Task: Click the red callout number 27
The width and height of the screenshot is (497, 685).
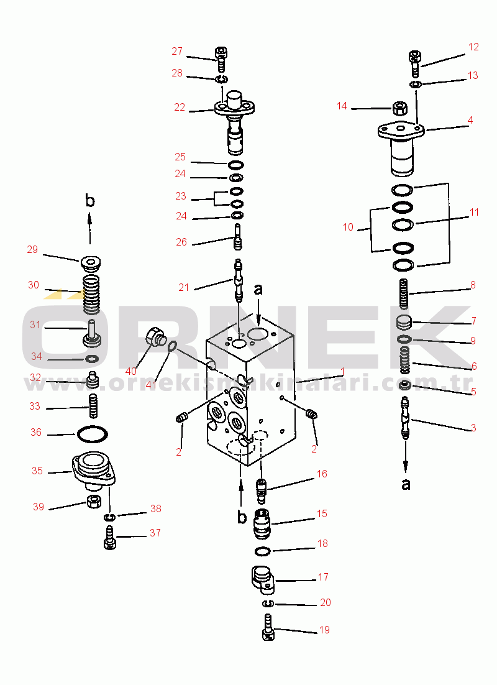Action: pyautogui.click(x=177, y=52)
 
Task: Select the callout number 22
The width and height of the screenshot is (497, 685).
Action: pyautogui.click(x=180, y=108)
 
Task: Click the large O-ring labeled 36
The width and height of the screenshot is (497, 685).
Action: pyautogui.click(x=92, y=434)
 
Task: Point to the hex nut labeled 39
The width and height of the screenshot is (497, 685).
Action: pyautogui.click(x=94, y=502)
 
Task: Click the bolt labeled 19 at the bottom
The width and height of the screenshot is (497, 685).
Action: pyautogui.click(x=268, y=627)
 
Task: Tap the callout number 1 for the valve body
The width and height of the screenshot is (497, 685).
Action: pyautogui.click(x=342, y=372)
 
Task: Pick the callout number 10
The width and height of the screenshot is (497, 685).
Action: pyautogui.click(x=348, y=227)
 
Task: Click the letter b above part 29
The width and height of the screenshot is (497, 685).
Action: pyautogui.click(x=90, y=201)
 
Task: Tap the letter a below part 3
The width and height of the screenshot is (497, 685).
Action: pyautogui.click(x=406, y=484)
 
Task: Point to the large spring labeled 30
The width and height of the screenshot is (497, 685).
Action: pyautogui.click(x=92, y=295)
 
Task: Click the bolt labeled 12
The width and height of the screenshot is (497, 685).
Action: pyautogui.click(x=415, y=64)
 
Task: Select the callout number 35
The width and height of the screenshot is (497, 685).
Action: pyautogui.click(x=37, y=471)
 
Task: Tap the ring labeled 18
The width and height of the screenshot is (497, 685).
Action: pyautogui.click(x=262, y=552)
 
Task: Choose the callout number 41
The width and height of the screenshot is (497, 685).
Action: pyautogui.click(x=151, y=385)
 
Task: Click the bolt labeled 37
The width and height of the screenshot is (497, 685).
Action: pyautogui.click(x=109, y=538)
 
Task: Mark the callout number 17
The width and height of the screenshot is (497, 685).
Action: pyautogui.click(x=323, y=577)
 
